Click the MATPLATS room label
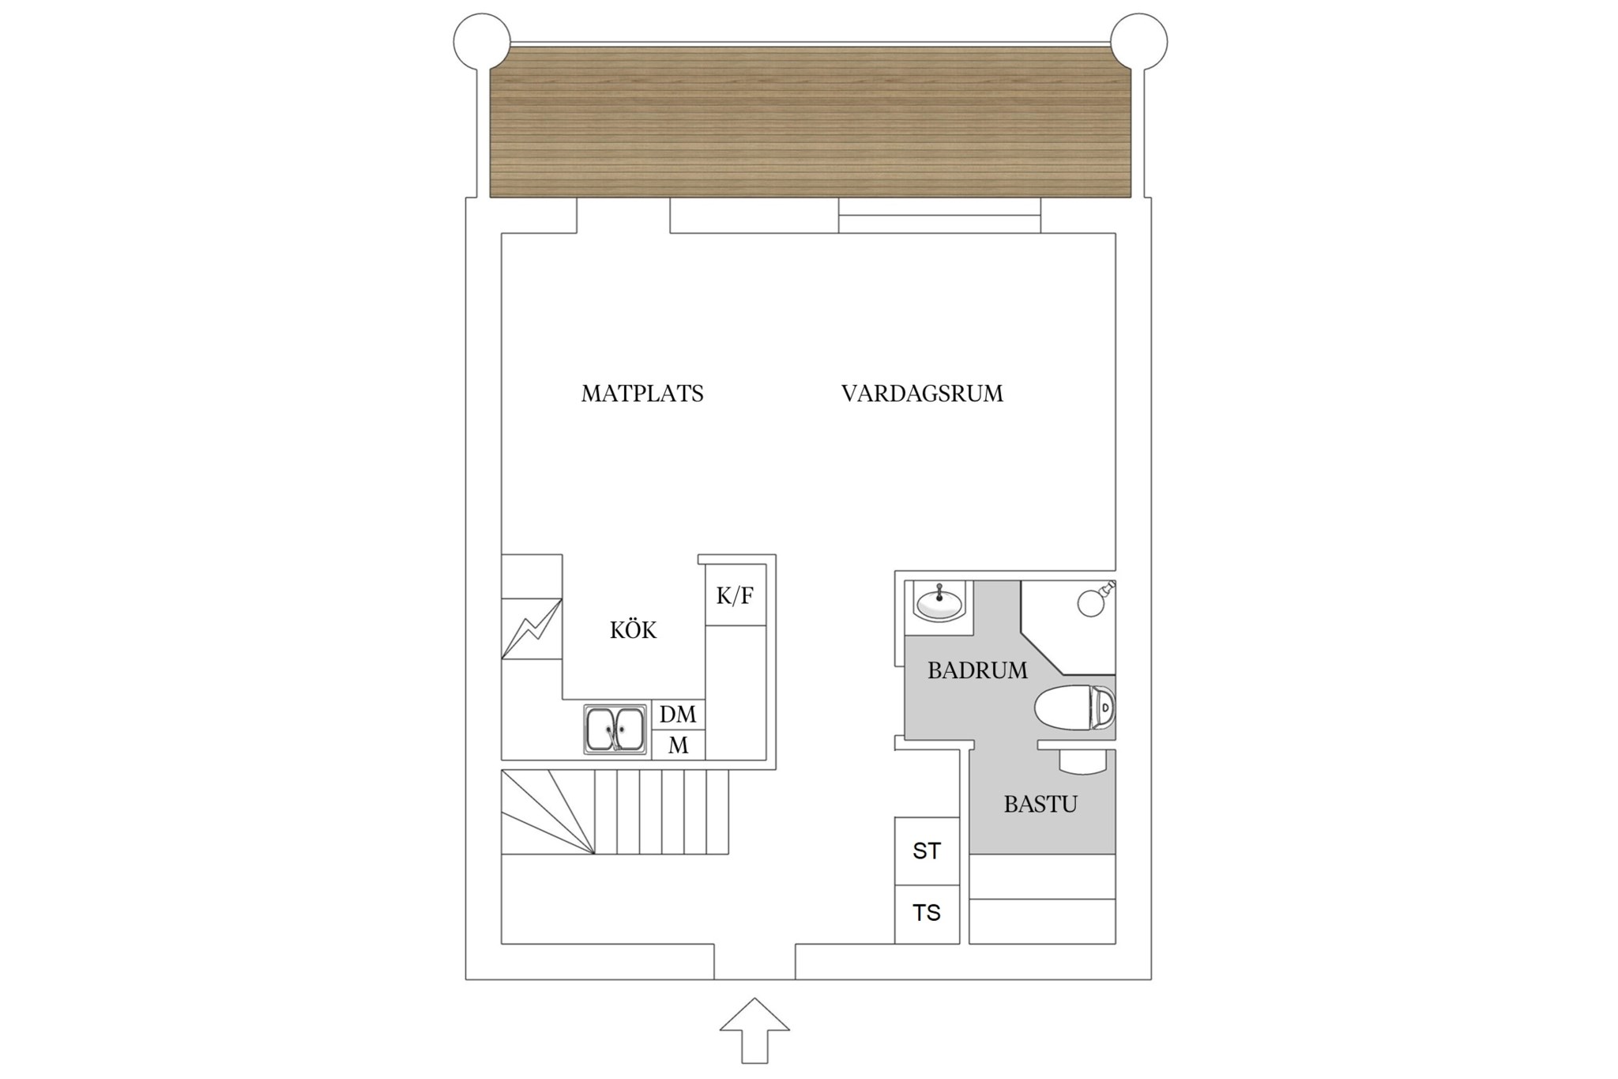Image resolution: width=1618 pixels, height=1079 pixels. [642, 394]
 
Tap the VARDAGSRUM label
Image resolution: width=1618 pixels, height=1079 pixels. [922, 394]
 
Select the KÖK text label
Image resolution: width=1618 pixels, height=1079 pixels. [633, 630]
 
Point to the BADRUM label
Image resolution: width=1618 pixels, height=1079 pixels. [977, 670]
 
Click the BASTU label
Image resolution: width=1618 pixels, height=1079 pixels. [1040, 805]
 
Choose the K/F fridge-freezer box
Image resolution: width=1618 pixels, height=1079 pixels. [736, 594]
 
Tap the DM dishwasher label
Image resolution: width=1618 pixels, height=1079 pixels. [678, 715]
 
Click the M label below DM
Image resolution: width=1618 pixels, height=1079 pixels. [678, 745]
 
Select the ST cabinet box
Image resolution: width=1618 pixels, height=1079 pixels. [927, 851]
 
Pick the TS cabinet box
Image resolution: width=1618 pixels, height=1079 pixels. [927, 914]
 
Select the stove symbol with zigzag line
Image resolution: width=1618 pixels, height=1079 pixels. [532, 628]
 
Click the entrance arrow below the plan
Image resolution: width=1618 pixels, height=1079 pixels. [754, 1030]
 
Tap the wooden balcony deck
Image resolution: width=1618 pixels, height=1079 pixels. [811, 121]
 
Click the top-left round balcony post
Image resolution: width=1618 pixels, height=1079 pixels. [482, 42]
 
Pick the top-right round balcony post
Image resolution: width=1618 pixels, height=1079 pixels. [1139, 42]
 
